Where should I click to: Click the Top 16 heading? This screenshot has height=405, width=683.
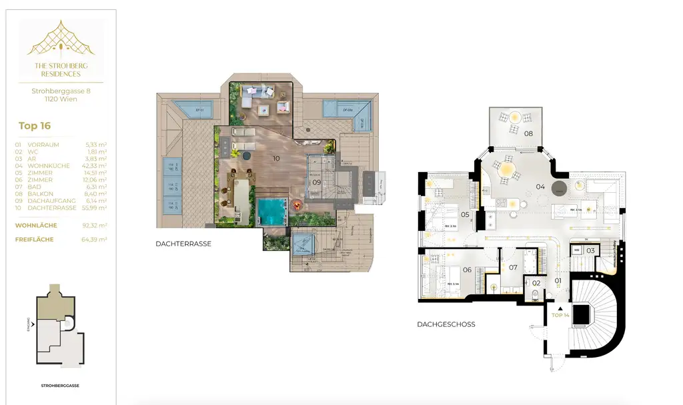pyautogui.click(x=35, y=125)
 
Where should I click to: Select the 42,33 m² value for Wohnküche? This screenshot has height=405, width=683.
pyautogui.click(x=96, y=166)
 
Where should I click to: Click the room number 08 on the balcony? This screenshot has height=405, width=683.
pyautogui.click(x=528, y=133)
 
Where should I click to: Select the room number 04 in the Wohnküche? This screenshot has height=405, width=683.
pyautogui.click(x=540, y=187)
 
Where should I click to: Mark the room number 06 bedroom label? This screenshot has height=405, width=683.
pyautogui.click(x=468, y=270)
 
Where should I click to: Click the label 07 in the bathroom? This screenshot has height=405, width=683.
pyautogui.click(x=513, y=268)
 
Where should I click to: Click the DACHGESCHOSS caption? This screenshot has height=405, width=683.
pyautogui.click(x=446, y=324)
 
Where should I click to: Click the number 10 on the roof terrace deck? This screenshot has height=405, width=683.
pyautogui.click(x=275, y=158)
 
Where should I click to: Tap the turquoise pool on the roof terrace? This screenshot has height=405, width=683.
pyautogui.click(x=273, y=213)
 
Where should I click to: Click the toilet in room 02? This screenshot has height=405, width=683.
pyautogui.click(x=536, y=294)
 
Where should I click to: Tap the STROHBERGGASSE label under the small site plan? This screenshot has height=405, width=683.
pyautogui.click(x=60, y=386)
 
